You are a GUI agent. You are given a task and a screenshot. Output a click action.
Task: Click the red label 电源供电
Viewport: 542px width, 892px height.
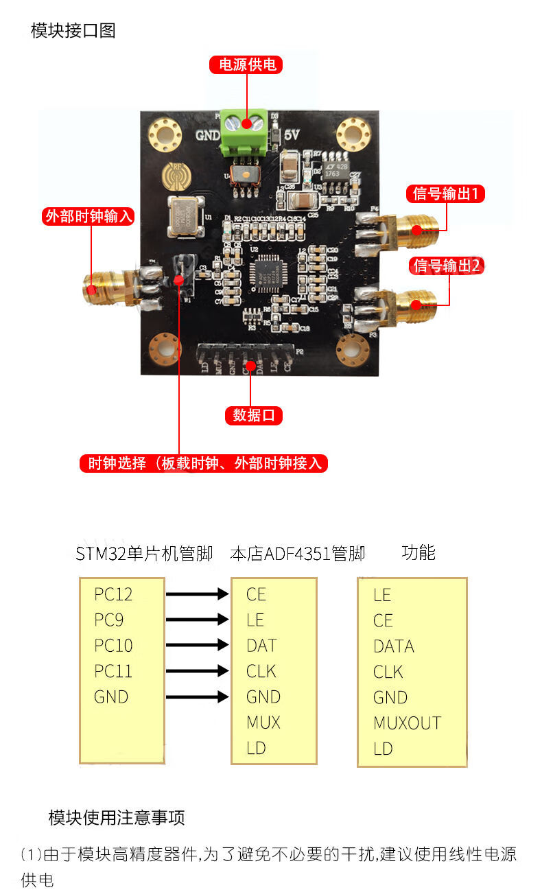pyautogui.click(x=247, y=64)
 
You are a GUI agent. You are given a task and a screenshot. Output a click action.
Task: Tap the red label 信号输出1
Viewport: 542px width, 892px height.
pyautogui.click(x=446, y=193)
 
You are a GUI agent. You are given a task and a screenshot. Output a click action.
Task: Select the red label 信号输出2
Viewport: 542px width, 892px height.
pyautogui.click(x=446, y=266)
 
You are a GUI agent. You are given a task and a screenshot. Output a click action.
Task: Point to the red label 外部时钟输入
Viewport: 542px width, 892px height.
pyautogui.click(x=88, y=217)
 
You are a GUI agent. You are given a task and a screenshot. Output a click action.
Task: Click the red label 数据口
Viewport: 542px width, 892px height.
pyautogui.click(x=253, y=415)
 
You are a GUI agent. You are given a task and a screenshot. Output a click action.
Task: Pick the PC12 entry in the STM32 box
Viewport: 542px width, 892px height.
pyautogui.click(x=113, y=594)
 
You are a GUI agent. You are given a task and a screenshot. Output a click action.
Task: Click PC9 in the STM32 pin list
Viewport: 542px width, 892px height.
pyautogui.click(x=109, y=620)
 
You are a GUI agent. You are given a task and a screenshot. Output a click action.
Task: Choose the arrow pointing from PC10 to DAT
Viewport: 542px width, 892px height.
pyautogui.click(x=197, y=646)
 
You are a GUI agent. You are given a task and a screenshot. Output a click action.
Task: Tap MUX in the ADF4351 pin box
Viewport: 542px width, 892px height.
pyautogui.click(x=263, y=722)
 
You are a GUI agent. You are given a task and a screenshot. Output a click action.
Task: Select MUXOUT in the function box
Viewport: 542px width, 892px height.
pyautogui.click(x=407, y=723)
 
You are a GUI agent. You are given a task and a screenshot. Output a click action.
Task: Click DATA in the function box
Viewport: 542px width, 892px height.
pyautogui.click(x=394, y=646)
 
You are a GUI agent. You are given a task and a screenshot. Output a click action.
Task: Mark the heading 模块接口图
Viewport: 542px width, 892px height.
pyautogui.click(x=73, y=30)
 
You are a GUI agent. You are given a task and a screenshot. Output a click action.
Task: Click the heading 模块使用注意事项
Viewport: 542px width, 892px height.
pyautogui.click(x=117, y=817)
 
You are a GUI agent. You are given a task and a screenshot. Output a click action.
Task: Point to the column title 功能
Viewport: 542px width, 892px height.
pyautogui.click(x=419, y=553)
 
